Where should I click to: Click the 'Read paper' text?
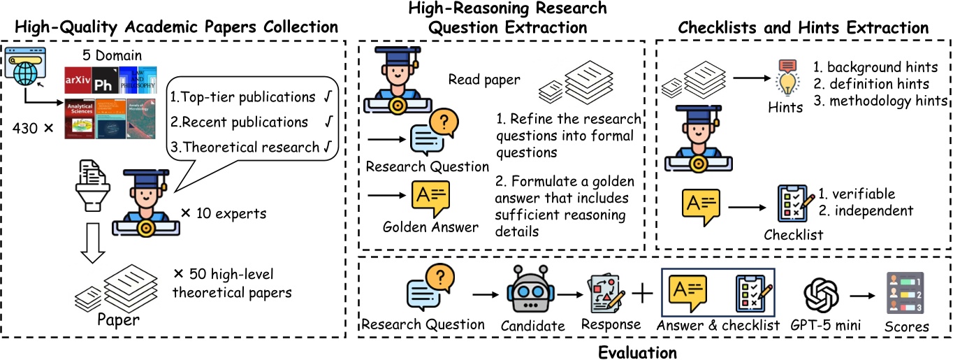[483, 80]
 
